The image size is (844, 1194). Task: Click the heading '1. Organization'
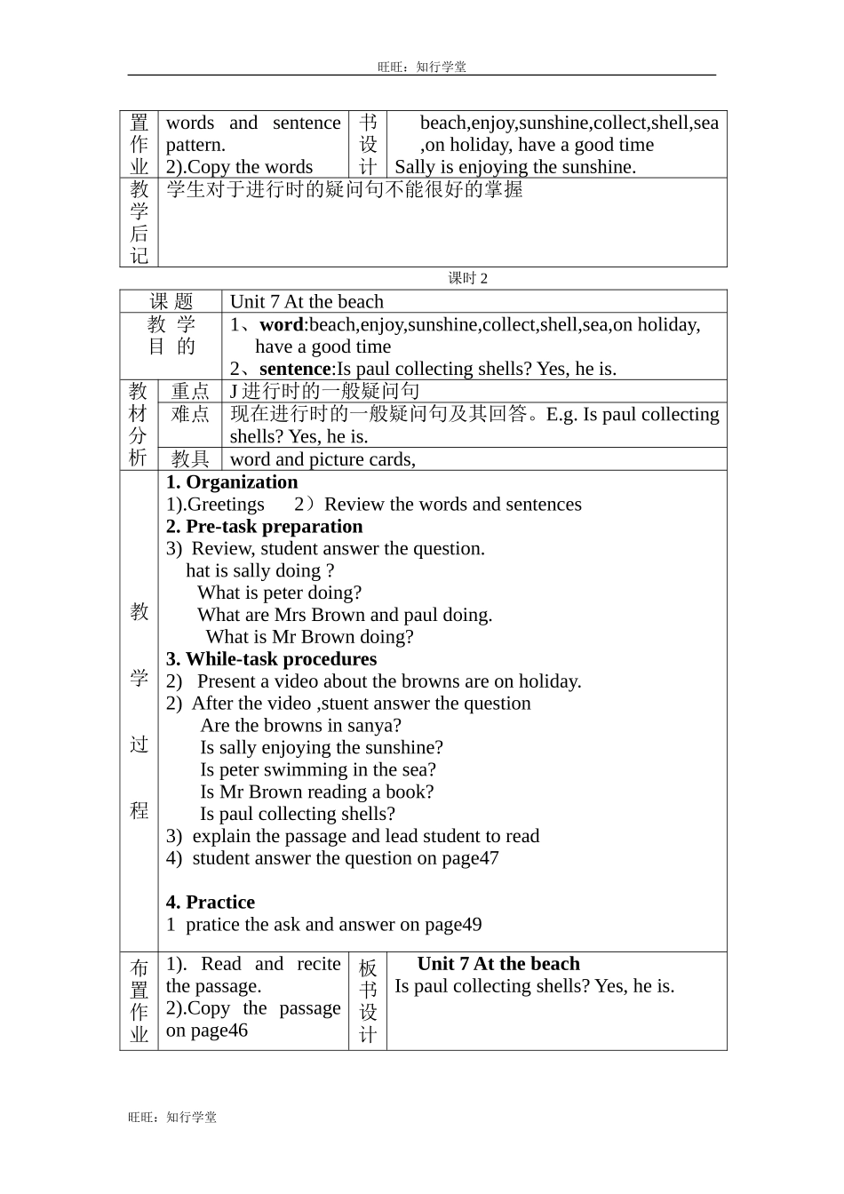[x=232, y=482]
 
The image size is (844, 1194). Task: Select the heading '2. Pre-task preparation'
[x=264, y=527]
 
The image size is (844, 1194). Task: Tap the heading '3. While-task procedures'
[x=271, y=659]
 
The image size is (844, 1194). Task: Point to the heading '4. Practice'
[x=211, y=903]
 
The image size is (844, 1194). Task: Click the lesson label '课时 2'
[x=468, y=279]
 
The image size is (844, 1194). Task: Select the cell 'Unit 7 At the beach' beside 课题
[x=307, y=302]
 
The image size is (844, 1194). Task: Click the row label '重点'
[x=190, y=392]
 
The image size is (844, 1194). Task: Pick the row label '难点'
[x=190, y=414]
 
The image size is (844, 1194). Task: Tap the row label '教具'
[x=190, y=459]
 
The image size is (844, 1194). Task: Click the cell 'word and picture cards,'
[x=322, y=459]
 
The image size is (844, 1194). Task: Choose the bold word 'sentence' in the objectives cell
[x=295, y=370]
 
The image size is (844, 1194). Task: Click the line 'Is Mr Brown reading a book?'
[x=317, y=792]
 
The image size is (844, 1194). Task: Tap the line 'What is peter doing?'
[x=280, y=593]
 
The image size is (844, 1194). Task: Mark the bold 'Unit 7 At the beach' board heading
[x=498, y=964]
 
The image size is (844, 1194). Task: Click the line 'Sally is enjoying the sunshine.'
[x=515, y=167]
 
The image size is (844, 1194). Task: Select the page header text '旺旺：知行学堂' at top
[x=422, y=67]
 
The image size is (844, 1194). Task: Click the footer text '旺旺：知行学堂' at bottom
[x=172, y=1118]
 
